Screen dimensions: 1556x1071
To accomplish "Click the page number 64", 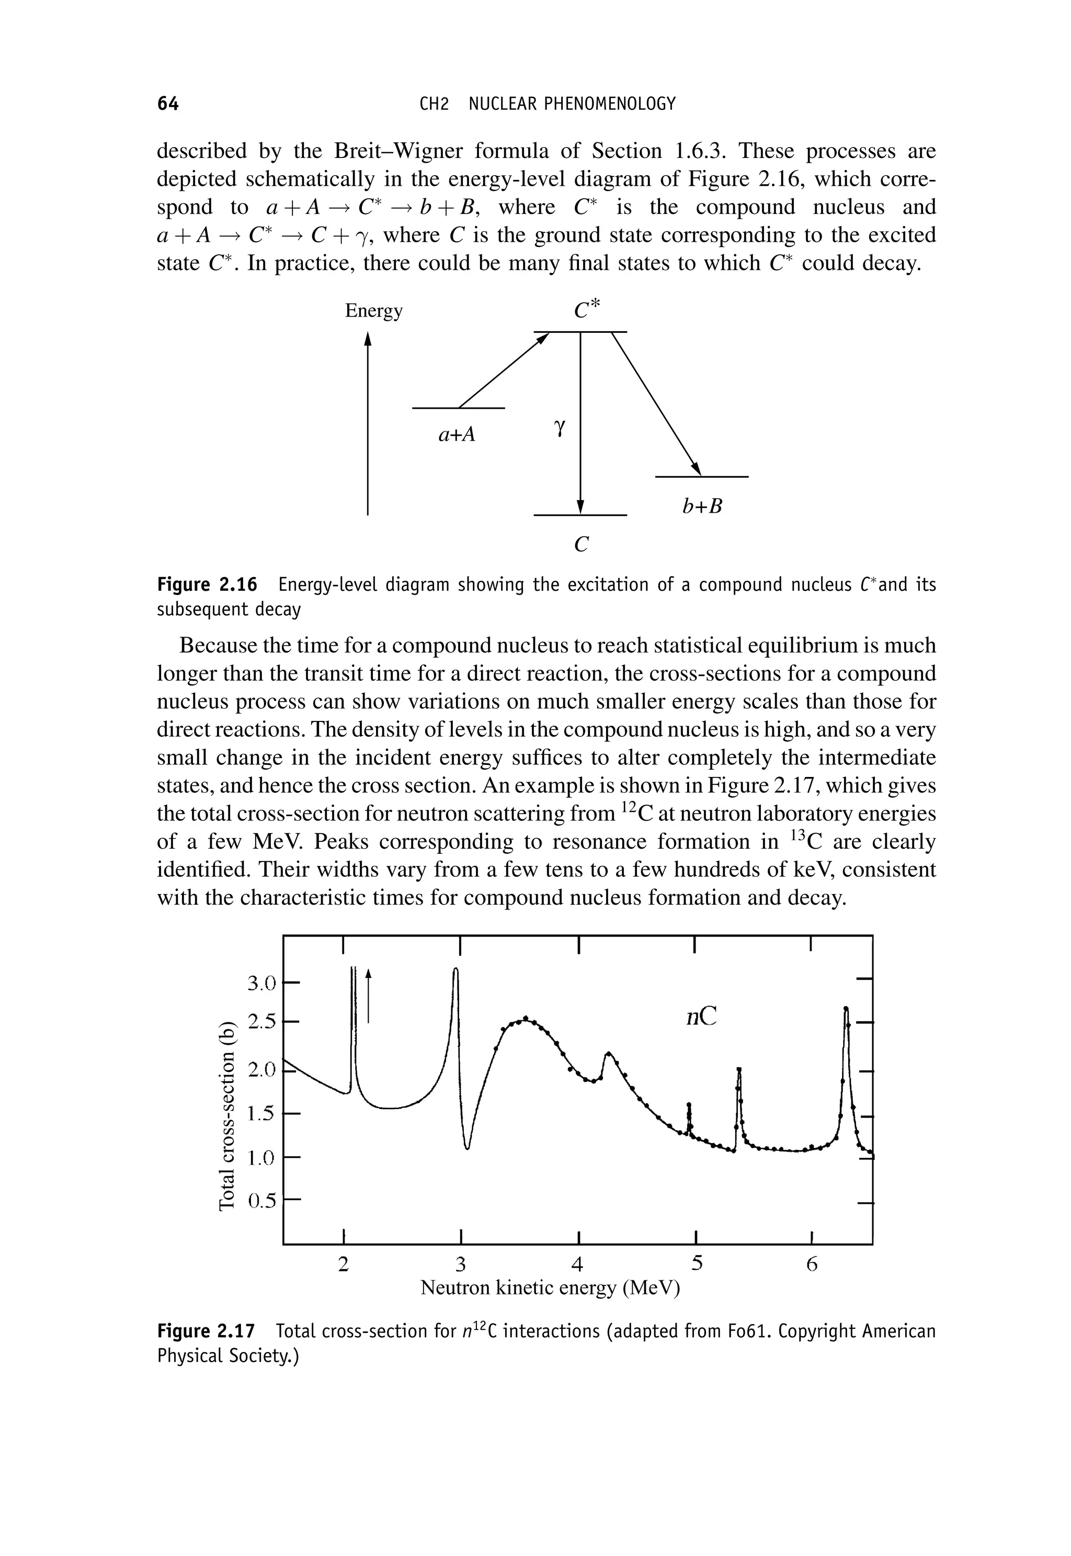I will [168, 104].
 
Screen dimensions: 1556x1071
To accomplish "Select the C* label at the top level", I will [588, 309].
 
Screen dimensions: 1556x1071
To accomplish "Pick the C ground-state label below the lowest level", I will [581, 545].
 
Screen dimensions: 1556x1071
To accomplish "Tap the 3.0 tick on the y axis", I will [261, 984].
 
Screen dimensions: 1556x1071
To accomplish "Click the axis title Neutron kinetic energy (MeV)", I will [550, 1288].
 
